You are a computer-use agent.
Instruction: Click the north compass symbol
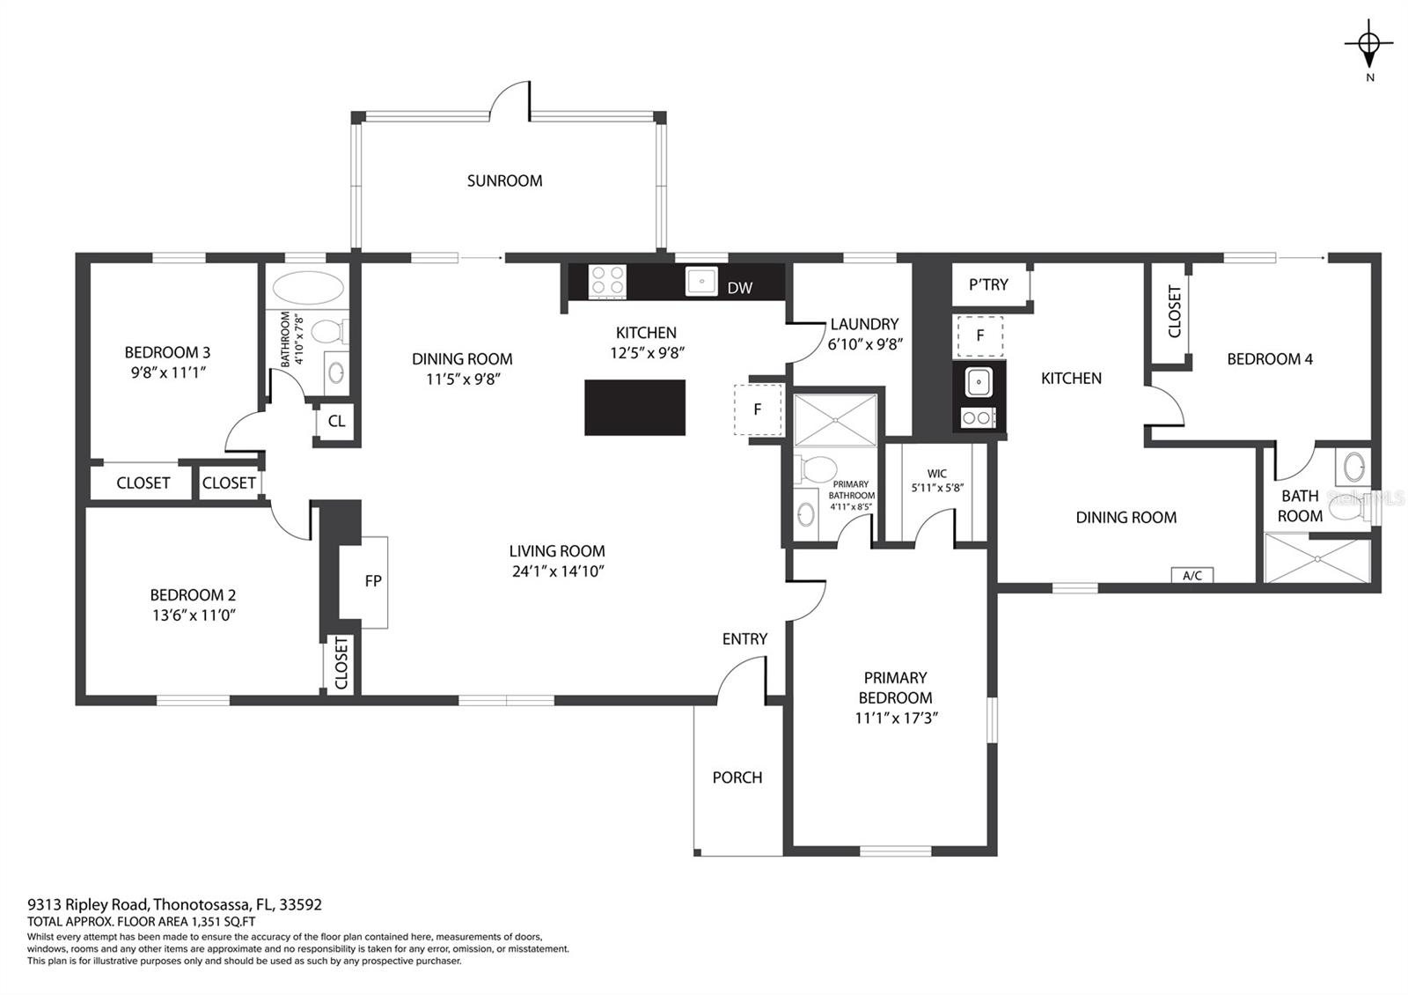pyautogui.click(x=1369, y=44)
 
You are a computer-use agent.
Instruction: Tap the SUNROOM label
pyautogui.click(x=504, y=181)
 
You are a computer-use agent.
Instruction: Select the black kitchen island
pyautogui.click(x=634, y=408)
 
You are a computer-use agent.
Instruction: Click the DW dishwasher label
pyautogui.click(x=740, y=288)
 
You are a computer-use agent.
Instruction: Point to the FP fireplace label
pyautogui.click(x=373, y=581)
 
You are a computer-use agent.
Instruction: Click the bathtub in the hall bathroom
pyautogui.click(x=308, y=288)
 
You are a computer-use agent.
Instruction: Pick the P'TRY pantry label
pyautogui.click(x=988, y=285)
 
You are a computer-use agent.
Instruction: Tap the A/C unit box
pyautogui.click(x=1192, y=575)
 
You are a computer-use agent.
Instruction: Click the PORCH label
pyautogui.click(x=737, y=778)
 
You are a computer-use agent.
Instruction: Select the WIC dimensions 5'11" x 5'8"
pyautogui.click(x=937, y=488)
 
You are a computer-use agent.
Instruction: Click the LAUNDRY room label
pyautogui.click(x=864, y=325)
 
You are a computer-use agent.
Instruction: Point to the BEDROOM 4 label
pyautogui.click(x=1270, y=359)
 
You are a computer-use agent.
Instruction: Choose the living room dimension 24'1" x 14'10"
pyautogui.click(x=558, y=571)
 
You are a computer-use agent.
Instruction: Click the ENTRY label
pyautogui.click(x=744, y=639)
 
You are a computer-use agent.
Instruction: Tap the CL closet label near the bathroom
pyautogui.click(x=336, y=422)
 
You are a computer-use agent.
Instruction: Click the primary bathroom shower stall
pyautogui.click(x=835, y=420)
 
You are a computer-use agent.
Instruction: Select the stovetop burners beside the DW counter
pyautogui.click(x=606, y=281)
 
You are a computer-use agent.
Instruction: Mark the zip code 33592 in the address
pyautogui.click(x=300, y=904)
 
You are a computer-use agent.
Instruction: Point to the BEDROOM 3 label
pyautogui.click(x=167, y=352)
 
